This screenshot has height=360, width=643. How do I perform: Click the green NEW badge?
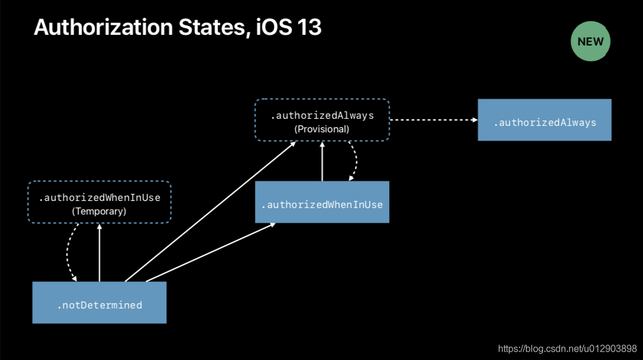point(590,41)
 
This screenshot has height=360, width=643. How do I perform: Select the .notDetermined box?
point(99,303)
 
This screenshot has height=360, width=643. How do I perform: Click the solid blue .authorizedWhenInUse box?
point(322,202)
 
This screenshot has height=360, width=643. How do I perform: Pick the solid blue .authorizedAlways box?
point(544,120)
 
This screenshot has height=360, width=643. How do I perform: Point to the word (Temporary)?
point(99,211)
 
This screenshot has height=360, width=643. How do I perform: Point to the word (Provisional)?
point(322,129)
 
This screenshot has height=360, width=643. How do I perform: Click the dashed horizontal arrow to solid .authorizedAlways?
point(434,120)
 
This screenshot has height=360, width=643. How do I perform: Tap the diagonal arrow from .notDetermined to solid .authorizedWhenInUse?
point(211,252)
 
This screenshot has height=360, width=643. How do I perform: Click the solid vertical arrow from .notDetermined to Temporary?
point(99,253)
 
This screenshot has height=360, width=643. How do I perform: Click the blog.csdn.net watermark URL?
point(567,349)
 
